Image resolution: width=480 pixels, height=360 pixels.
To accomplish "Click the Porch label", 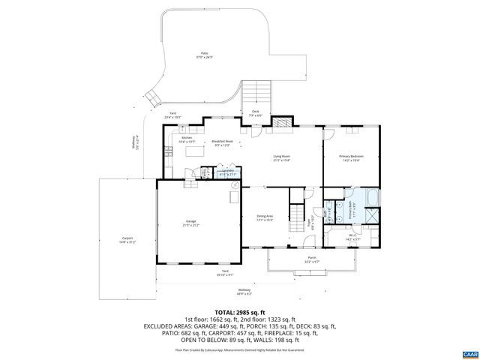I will pyautogui.click(x=311, y=259).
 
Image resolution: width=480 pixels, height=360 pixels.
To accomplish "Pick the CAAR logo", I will pyautogui.click(x=469, y=352).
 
